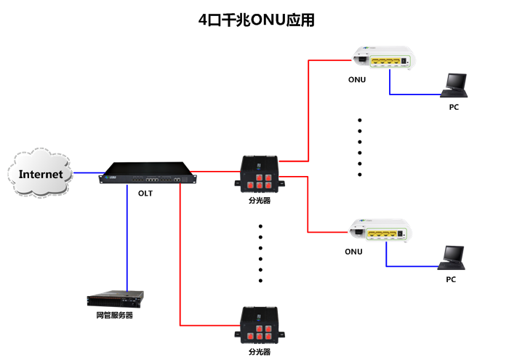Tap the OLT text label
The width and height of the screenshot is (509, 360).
coord(145,193)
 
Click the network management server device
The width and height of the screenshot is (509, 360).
coord(115,299)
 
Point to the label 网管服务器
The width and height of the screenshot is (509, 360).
coord(114,316)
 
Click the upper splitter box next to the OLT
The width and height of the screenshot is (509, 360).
coord(259,175)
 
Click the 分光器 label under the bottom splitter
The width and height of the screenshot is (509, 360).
coord(260,351)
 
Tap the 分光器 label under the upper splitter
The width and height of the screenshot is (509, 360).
coord(260,200)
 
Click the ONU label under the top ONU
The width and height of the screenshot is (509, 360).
coord(356,79)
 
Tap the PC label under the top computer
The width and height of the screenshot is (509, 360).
coord(454,107)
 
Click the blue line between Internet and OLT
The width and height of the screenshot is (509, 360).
coord(86,173)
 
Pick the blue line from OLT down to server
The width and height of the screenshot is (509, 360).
coord(127,240)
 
